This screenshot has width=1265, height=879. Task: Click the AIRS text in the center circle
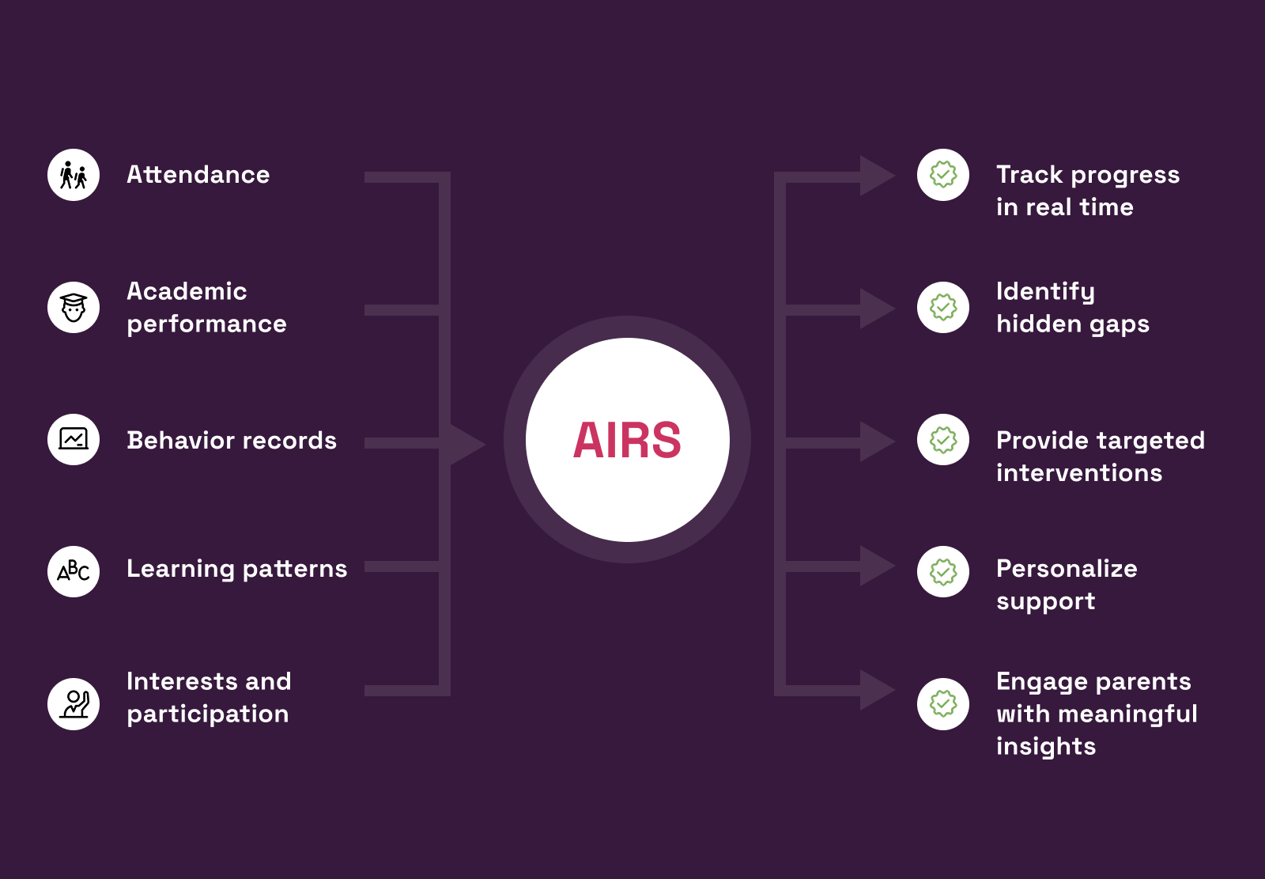[x=627, y=440]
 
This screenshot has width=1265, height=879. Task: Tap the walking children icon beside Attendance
[x=74, y=175]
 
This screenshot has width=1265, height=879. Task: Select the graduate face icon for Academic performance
[x=74, y=307]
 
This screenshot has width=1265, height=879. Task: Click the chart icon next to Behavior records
[x=74, y=439]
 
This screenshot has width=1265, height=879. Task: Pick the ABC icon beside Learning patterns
[x=74, y=571]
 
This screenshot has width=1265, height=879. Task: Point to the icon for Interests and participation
[x=74, y=703]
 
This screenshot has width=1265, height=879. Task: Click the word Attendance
[x=198, y=175]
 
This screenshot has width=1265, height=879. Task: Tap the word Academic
[x=187, y=291]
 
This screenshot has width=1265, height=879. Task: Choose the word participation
[x=207, y=714]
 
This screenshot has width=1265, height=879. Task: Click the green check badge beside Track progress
[x=943, y=175]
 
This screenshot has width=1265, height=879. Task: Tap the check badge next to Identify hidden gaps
[x=943, y=307]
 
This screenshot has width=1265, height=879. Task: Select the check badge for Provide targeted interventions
[x=943, y=439]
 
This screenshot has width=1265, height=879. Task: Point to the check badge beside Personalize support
[x=943, y=571]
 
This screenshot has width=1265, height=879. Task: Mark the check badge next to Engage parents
[x=943, y=703]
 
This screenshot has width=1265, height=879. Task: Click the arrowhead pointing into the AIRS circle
[x=466, y=444]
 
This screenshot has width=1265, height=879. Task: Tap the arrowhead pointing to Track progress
[x=875, y=176]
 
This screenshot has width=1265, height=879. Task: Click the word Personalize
[x=1067, y=569]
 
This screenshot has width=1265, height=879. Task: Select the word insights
[x=1045, y=747]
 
